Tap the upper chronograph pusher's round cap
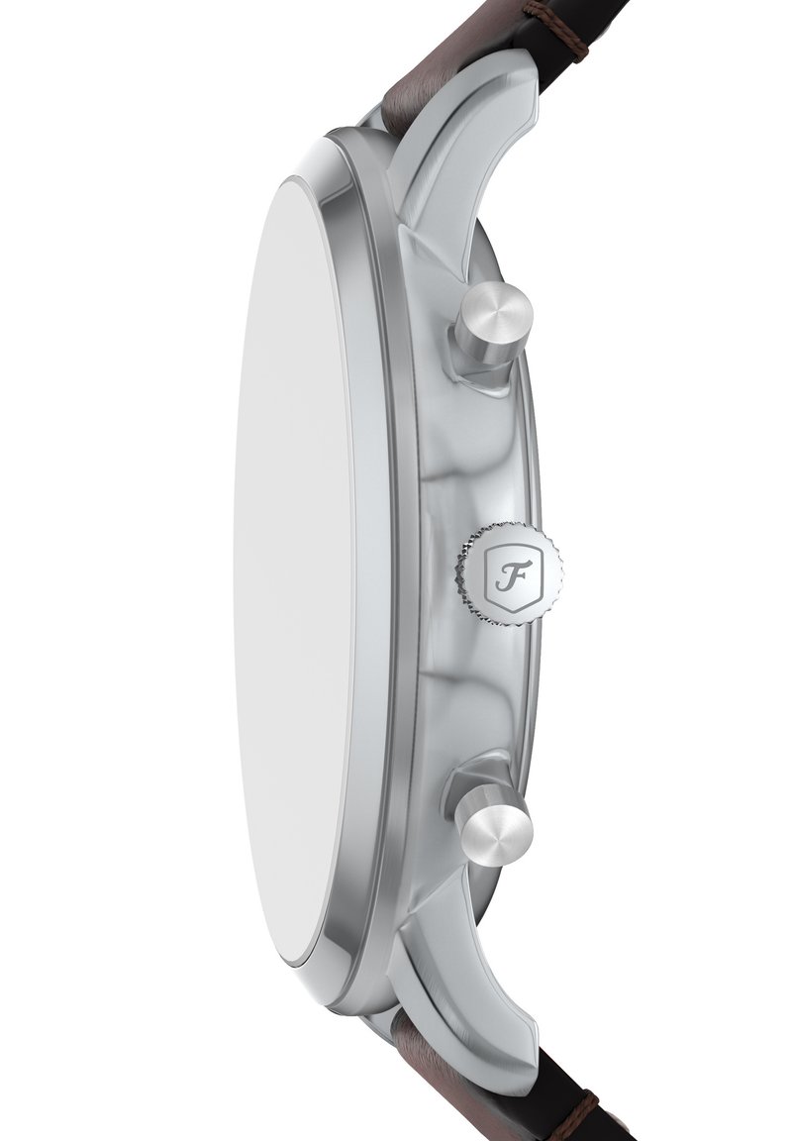pyautogui.click(x=497, y=321)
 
